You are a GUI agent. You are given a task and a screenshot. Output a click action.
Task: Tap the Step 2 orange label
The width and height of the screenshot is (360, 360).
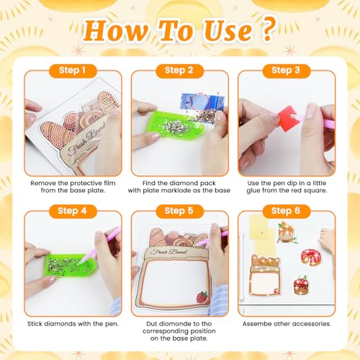coord(179,71)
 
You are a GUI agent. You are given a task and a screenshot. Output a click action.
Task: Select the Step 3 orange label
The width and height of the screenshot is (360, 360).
coord(287,71)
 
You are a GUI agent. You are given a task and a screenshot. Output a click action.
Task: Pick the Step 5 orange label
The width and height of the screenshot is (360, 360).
coord(179,211)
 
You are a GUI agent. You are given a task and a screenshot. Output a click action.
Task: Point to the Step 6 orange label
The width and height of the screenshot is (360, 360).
coord(287,211)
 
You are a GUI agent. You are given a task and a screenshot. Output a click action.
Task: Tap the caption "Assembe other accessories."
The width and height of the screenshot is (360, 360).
coord(286,324)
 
